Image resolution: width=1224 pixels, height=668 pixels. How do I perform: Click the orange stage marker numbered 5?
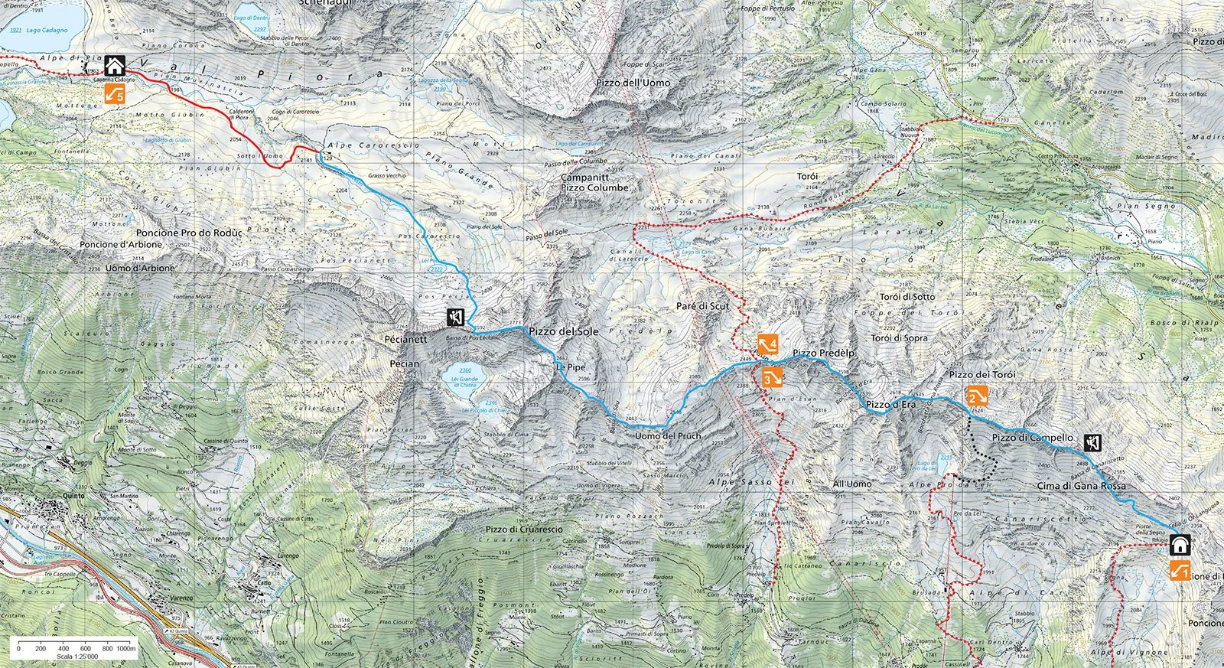(x=116, y=95)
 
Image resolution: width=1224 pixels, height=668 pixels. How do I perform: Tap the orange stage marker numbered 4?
(x=768, y=344)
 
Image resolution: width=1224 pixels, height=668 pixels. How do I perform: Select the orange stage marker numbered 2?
(x=977, y=396)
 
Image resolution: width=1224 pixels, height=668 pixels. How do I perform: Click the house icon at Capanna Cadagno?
(x=116, y=66)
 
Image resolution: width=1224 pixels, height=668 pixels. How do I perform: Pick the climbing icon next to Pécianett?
(x=455, y=315)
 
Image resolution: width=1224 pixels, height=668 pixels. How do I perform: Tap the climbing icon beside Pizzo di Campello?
(x=1092, y=442)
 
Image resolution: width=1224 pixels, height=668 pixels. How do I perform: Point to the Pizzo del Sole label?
(x=563, y=331)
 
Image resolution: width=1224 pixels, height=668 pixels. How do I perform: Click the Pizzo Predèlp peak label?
(x=823, y=353)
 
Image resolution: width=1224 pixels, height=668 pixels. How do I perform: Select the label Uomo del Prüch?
(x=668, y=436)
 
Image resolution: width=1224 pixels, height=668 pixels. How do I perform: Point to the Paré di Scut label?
(x=702, y=306)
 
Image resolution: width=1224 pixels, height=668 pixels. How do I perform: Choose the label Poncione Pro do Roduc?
(x=188, y=232)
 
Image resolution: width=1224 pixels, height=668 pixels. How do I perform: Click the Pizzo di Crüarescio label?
(x=524, y=530)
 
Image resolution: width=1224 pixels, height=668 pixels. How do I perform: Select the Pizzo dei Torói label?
(x=981, y=374)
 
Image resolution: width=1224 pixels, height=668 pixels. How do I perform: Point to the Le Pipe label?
(x=570, y=367)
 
